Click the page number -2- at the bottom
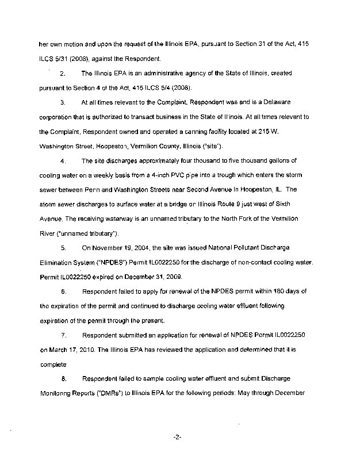coord(177,437)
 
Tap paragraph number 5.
coord(63,248)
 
